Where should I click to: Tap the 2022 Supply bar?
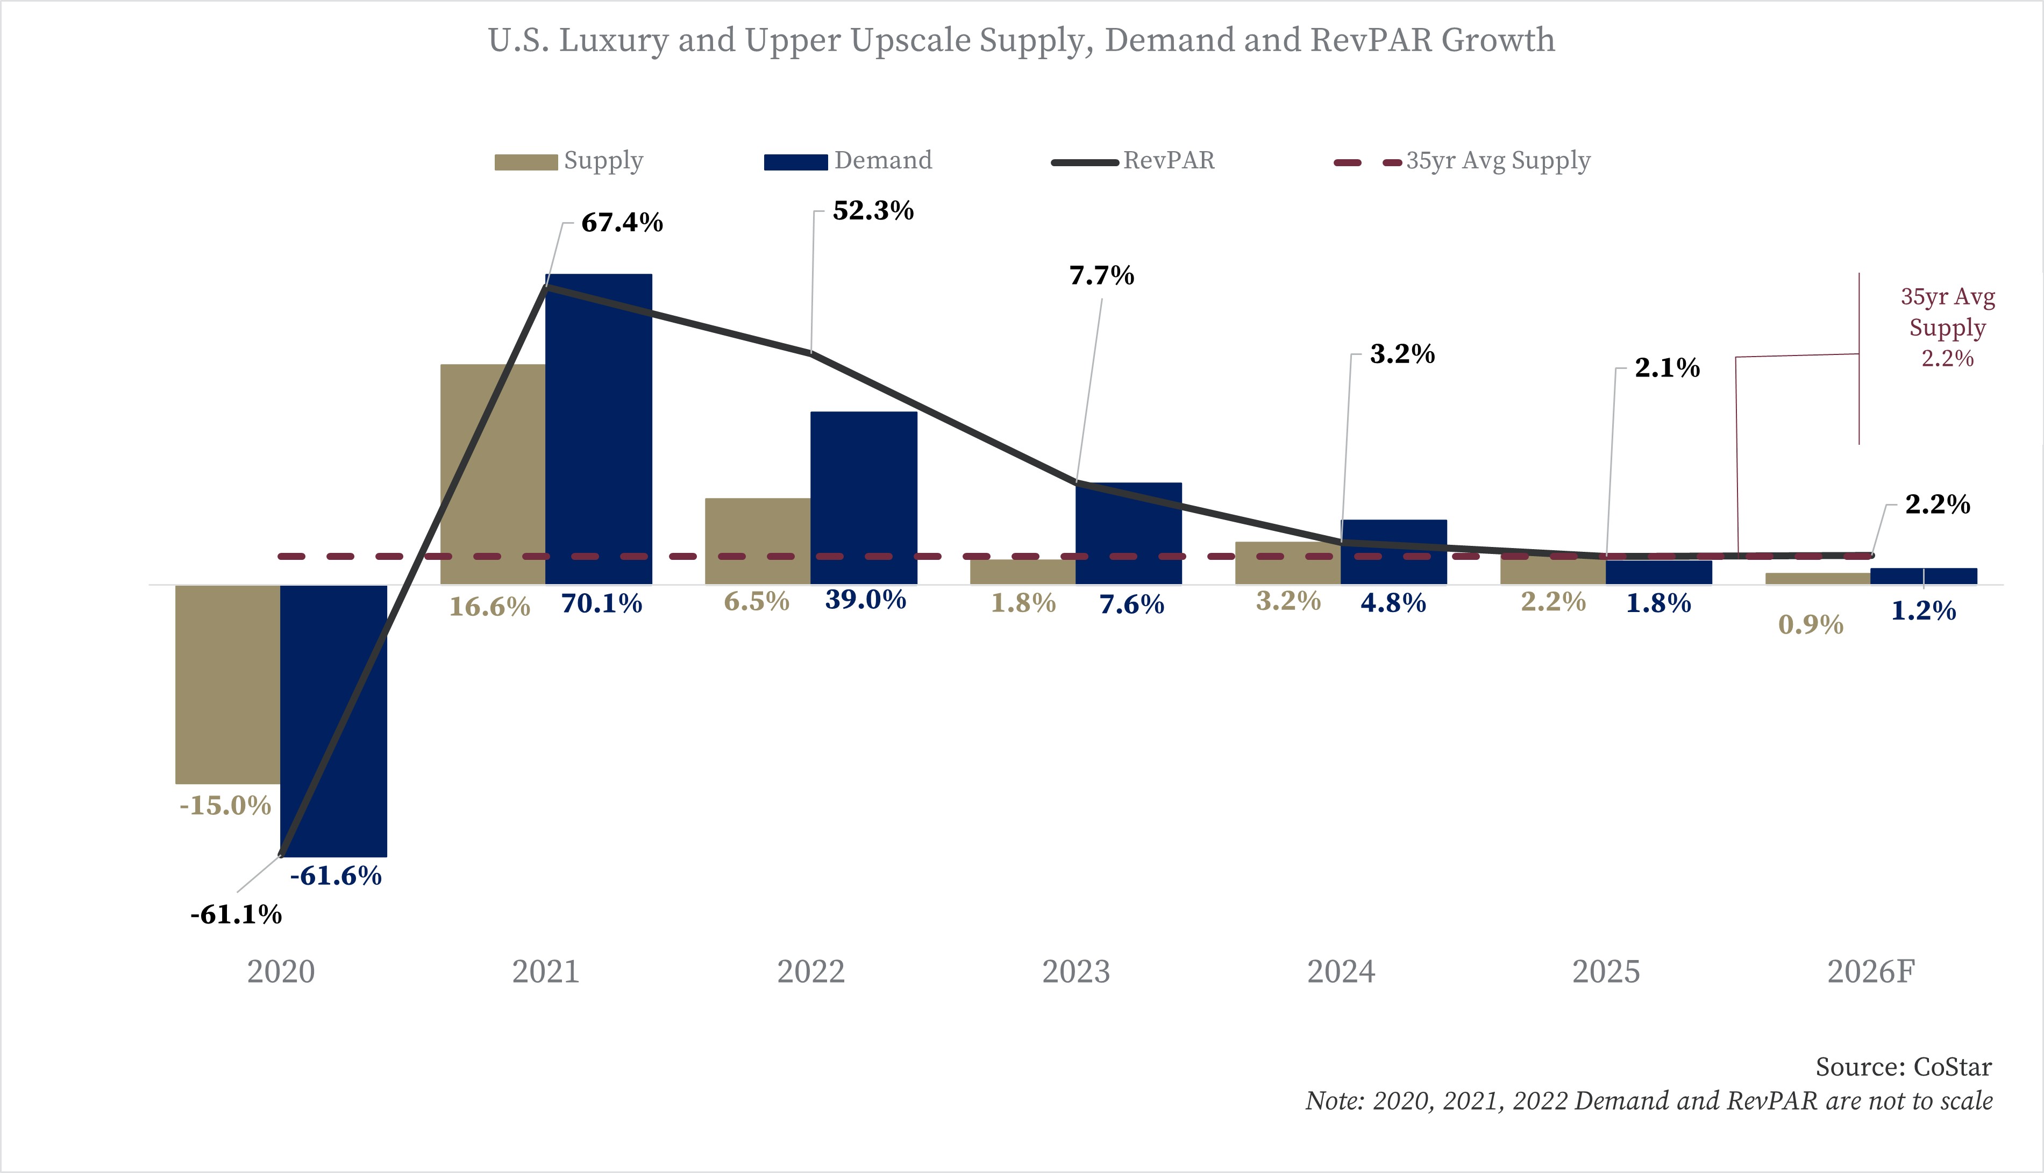pos(757,541)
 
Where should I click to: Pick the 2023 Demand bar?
pos(1128,532)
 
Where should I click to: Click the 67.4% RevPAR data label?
pos(622,222)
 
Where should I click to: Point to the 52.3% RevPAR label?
pos(873,211)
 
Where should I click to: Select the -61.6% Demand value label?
pos(335,876)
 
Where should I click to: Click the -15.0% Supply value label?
pos(225,806)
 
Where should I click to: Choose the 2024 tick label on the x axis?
pos(1341,972)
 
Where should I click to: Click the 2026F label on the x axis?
pos(1870,972)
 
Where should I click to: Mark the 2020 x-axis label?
pos(280,972)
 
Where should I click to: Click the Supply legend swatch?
pos(526,162)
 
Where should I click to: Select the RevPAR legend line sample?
pos(1085,162)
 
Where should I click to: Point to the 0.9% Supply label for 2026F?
pos(1811,624)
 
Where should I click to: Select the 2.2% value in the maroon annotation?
pos(1947,359)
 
